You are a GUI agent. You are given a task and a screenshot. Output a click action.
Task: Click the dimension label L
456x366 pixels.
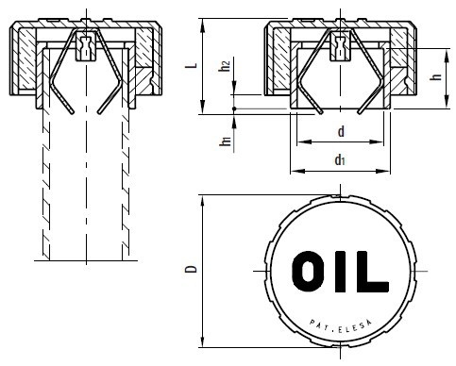click(x=194, y=65)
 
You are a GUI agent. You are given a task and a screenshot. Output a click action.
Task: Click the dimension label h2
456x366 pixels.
click(x=225, y=65)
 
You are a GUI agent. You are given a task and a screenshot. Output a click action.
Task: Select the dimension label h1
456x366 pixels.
click(x=226, y=141)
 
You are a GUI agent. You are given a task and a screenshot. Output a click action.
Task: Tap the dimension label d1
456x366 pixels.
click(x=340, y=160)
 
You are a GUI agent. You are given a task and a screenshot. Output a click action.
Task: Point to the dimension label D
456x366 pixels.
click(x=192, y=269)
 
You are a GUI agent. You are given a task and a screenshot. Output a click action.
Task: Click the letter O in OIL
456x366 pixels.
click(x=307, y=272)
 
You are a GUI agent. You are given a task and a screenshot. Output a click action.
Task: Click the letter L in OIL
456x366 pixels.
click(x=372, y=272)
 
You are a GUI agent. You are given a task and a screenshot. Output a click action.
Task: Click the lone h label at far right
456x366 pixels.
click(x=436, y=76)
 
